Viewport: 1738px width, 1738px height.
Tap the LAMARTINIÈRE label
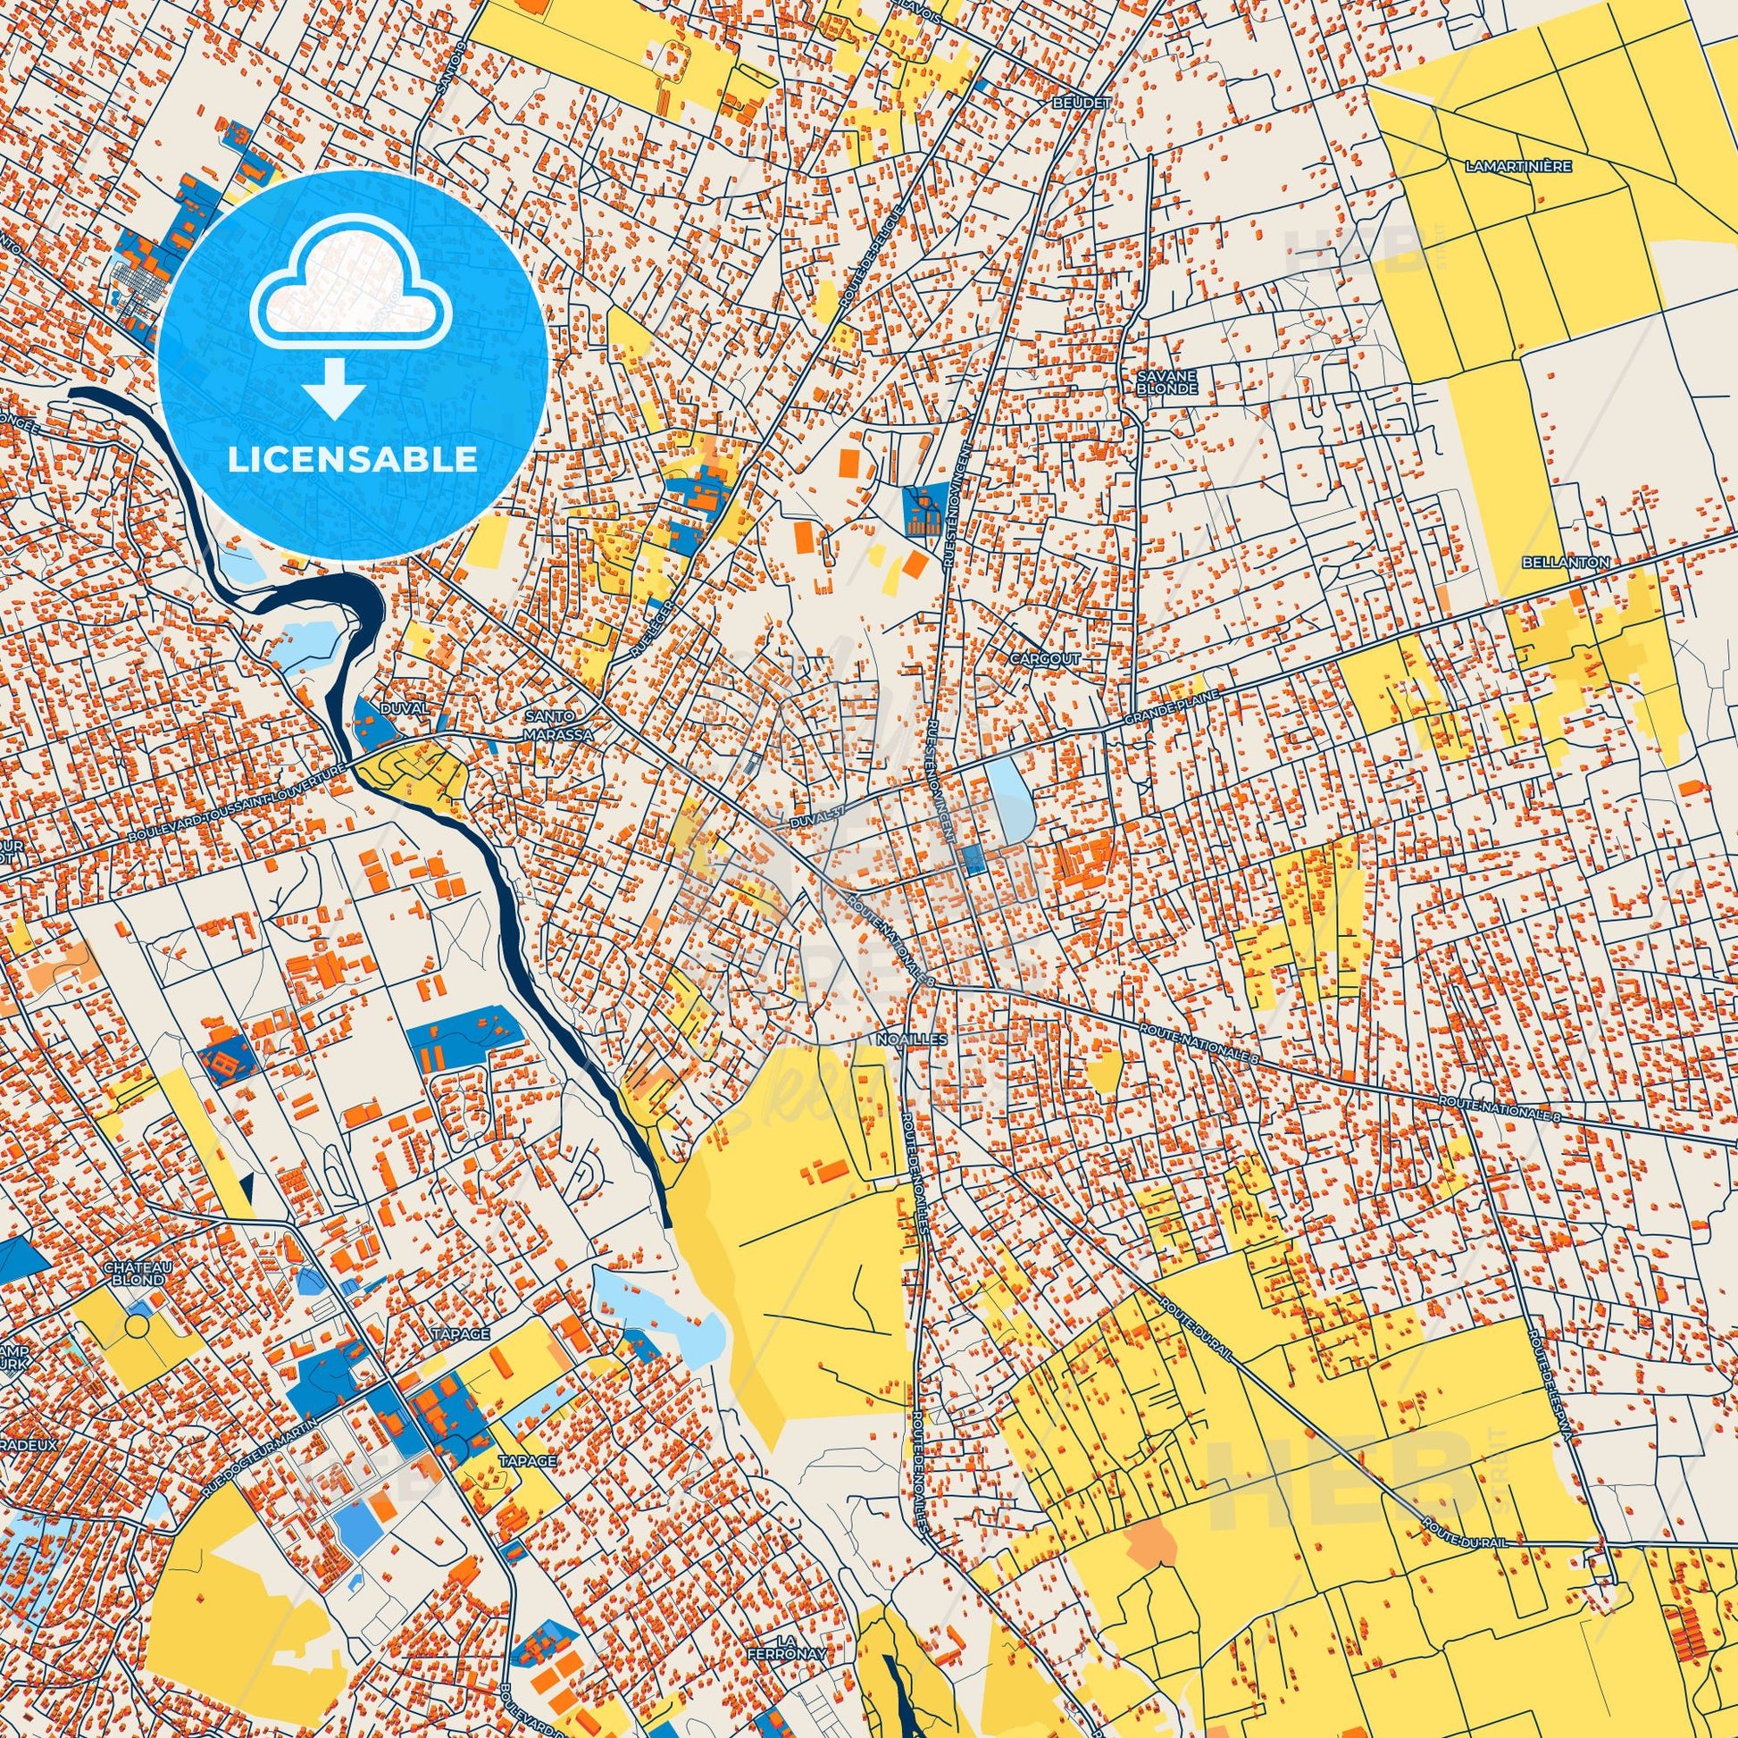pyautogui.click(x=1504, y=166)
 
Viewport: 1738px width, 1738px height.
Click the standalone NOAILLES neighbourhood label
pyautogui.click(x=903, y=1038)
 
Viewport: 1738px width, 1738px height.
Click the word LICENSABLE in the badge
pyautogui.click(x=352, y=459)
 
